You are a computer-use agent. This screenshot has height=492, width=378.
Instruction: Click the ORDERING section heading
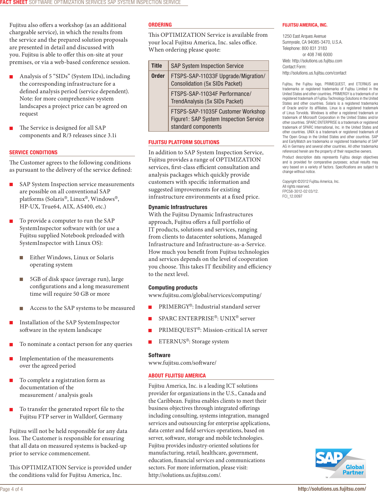click(x=160, y=25)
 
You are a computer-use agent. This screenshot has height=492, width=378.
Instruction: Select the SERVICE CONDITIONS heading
click(x=33, y=153)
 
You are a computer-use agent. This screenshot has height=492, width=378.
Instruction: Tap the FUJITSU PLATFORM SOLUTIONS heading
click(x=184, y=142)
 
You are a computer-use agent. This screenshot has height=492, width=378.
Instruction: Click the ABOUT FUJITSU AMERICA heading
click(x=177, y=376)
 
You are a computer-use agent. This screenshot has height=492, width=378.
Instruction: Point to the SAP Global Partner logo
click(x=340, y=463)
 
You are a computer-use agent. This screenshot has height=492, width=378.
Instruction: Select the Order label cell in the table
click(x=158, y=76)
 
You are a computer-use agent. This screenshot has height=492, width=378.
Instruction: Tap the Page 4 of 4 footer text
click(x=11, y=489)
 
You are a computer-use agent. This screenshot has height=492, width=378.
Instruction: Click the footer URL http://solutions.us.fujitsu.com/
click(x=331, y=489)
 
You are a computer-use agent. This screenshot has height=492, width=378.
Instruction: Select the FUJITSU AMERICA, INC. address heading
click(x=305, y=25)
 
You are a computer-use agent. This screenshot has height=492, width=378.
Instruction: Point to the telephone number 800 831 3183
click(x=314, y=48)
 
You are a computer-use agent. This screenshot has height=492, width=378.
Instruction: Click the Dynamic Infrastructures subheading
click(x=178, y=207)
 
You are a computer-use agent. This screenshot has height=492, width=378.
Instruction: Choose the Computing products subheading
click(x=173, y=288)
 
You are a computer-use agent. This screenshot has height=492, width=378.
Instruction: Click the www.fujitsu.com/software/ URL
click(x=182, y=363)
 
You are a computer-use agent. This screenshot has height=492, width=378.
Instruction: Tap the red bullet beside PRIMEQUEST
click(x=150, y=331)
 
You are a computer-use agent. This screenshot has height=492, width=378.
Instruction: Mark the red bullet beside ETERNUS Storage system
click(x=150, y=342)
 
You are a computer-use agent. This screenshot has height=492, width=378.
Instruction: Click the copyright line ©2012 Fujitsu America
click(x=311, y=182)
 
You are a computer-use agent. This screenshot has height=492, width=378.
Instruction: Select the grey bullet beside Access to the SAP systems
click(x=21, y=309)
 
